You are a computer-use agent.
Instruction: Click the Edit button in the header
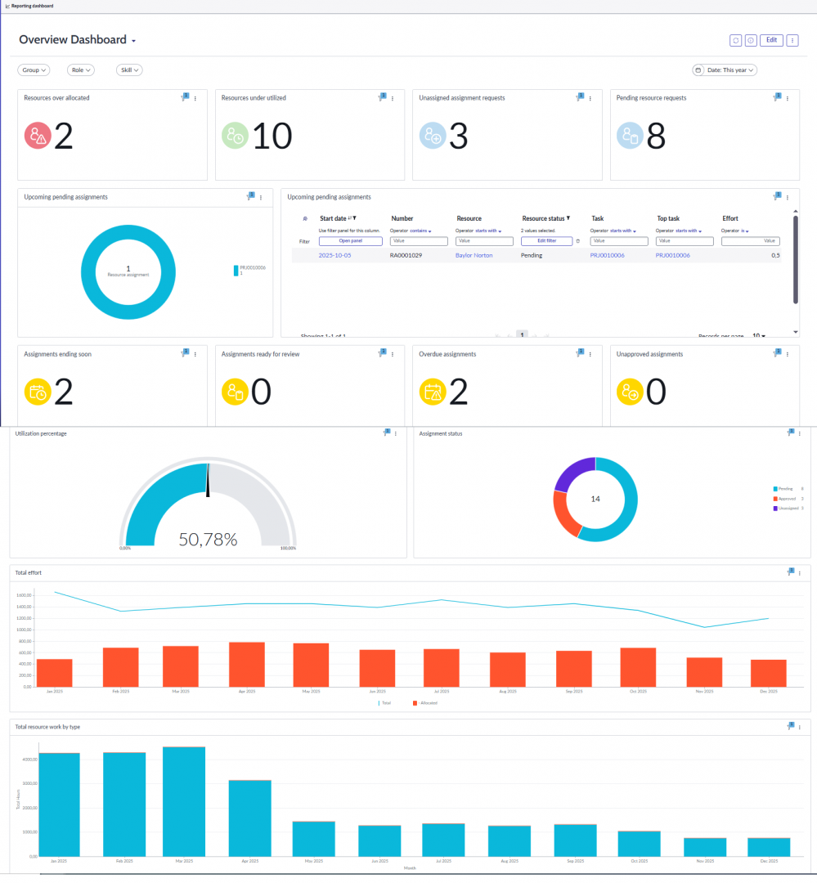tap(770, 40)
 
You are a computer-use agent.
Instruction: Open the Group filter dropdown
tap(34, 70)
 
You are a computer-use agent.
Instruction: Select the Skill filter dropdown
tap(129, 70)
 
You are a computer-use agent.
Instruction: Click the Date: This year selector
tap(725, 70)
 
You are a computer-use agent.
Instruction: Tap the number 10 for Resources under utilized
tap(272, 136)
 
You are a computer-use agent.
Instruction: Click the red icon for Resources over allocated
tap(37, 136)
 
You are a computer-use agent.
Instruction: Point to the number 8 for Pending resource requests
tap(656, 136)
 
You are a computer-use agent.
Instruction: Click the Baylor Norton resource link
tap(474, 256)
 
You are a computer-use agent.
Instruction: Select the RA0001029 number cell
tap(406, 256)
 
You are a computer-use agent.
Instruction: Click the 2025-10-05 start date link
tap(335, 256)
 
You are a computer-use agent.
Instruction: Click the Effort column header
tap(730, 219)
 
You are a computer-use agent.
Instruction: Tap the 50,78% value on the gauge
tap(208, 540)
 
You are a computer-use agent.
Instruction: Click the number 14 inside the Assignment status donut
tap(595, 499)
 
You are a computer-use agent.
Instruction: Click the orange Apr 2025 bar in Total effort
tap(246, 664)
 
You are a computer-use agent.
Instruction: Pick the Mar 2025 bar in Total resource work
tap(184, 801)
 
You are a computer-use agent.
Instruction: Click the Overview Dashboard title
tap(73, 40)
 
